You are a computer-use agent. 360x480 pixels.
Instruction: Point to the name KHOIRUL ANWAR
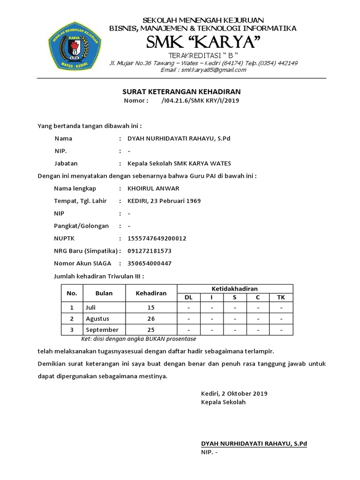tap(153, 188)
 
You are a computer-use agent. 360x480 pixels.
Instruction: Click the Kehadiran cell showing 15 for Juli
tap(151, 308)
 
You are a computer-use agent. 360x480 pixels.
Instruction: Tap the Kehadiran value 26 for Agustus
tap(151, 319)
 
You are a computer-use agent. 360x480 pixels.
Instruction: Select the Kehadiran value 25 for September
tap(151, 330)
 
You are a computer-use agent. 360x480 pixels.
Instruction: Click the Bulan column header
tap(104, 293)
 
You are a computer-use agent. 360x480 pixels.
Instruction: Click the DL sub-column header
tap(188, 298)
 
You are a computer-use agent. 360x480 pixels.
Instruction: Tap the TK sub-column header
tap(281, 298)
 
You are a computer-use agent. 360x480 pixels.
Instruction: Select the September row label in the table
tap(102, 330)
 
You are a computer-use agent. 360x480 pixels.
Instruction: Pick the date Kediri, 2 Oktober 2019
tap(234, 393)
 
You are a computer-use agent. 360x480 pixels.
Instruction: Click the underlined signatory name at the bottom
tap(254, 443)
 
